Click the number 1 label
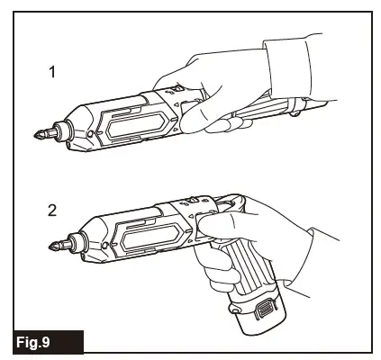(52, 71)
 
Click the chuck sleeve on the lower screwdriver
(80, 238)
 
